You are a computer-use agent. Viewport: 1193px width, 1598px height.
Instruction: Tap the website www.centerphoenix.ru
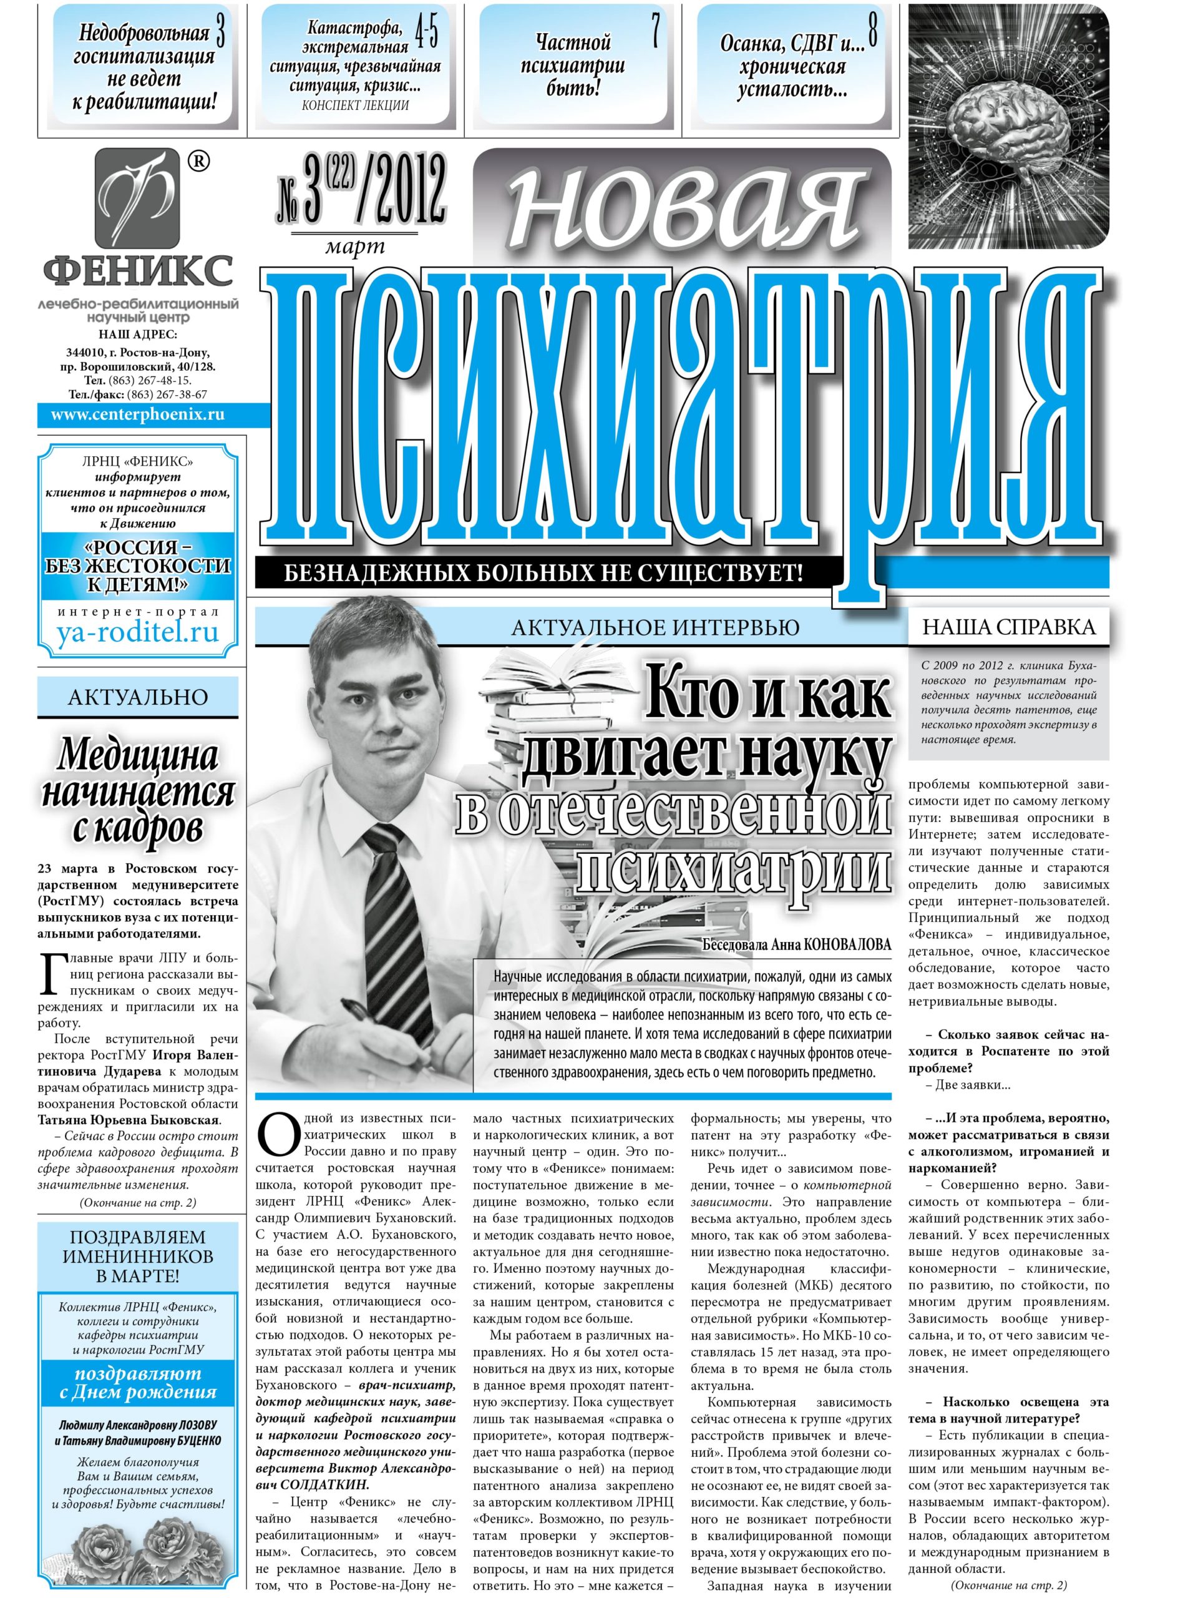coord(137,414)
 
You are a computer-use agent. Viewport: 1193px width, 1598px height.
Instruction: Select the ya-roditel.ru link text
coord(137,633)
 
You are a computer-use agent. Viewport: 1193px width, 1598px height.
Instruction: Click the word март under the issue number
coord(354,248)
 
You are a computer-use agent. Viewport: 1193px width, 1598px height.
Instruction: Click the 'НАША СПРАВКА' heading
coord(1008,627)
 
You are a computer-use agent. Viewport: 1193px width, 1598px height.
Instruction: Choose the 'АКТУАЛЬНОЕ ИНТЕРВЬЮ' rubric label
coord(655,627)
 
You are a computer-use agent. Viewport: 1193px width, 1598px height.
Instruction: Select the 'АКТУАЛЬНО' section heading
coord(137,697)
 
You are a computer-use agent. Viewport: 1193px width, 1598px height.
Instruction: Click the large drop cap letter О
coord(278,1135)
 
